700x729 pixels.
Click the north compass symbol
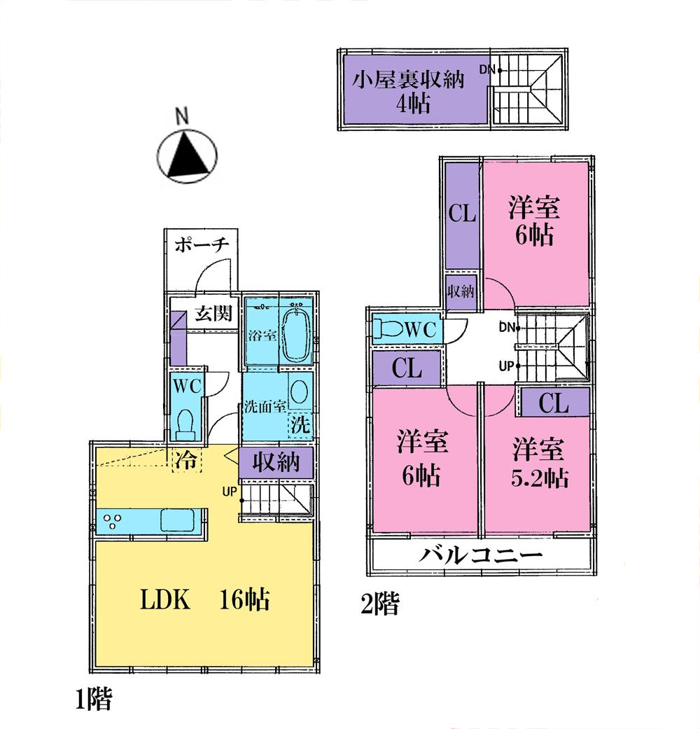point(186,153)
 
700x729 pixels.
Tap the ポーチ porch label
point(201,246)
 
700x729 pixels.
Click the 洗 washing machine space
point(300,424)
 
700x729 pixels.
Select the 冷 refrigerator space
point(185,459)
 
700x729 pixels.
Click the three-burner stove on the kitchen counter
point(113,522)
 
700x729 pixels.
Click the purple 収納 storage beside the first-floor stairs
point(276,462)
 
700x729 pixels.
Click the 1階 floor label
point(93,700)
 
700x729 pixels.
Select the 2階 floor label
point(379,604)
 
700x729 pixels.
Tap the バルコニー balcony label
point(482,557)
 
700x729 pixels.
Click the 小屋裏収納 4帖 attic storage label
point(407,92)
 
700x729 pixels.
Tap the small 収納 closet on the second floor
point(462,291)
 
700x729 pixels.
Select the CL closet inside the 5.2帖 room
point(553,403)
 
